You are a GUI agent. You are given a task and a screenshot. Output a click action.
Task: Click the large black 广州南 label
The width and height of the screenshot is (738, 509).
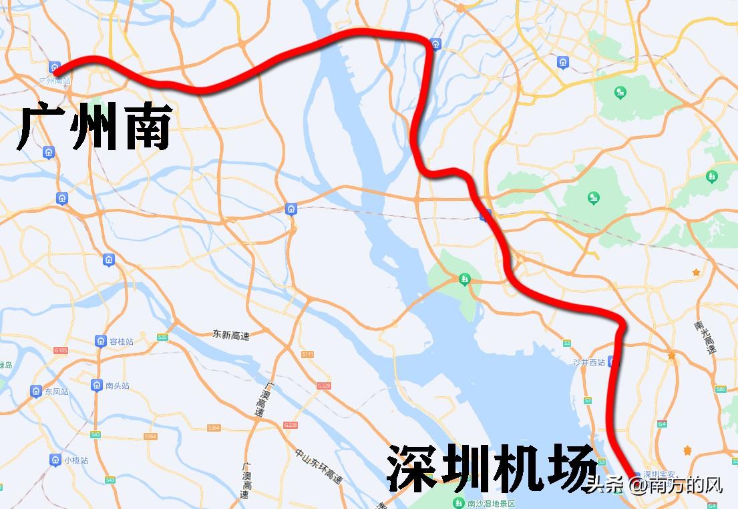[94, 126]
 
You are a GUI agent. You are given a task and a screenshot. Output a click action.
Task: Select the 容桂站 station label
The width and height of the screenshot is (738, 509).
[120, 342]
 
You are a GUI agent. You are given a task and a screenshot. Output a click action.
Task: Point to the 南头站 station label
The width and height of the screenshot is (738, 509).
[117, 386]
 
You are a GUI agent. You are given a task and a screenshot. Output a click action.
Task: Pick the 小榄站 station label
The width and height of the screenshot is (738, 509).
[75, 460]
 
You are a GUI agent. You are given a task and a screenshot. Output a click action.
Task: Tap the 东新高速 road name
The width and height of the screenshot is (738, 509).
[230, 336]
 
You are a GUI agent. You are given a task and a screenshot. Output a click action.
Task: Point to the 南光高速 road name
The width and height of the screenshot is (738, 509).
[704, 338]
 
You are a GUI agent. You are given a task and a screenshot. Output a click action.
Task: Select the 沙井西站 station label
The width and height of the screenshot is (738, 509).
[588, 362]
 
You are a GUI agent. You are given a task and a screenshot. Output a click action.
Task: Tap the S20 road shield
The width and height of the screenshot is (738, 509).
[162, 338]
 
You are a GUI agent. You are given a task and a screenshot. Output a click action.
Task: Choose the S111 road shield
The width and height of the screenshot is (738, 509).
[307, 354]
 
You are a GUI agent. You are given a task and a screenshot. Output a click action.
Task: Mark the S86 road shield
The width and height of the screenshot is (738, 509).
[720, 389]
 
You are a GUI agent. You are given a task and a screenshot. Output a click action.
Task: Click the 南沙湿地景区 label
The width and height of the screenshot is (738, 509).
[492, 502]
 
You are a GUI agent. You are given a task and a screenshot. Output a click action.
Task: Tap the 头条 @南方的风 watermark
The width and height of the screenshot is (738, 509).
[655, 484]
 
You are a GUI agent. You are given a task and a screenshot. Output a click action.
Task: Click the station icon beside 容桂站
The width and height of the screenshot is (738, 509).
[100, 341]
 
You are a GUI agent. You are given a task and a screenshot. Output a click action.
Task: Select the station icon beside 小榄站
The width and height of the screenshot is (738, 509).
[55, 460]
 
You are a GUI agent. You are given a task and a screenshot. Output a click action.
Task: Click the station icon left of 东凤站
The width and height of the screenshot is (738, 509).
[36, 391]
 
